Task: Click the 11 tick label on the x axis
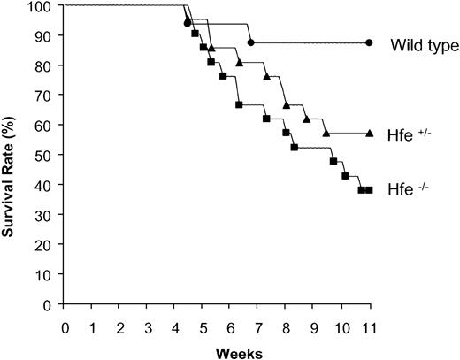click(x=369, y=325)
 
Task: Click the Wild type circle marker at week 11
click(x=369, y=42)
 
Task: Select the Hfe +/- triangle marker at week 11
click(x=369, y=133)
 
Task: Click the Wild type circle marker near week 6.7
click(x=250, y=42)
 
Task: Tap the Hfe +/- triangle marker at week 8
click(x=286, y=105)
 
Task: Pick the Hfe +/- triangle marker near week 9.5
click(x=326, y=133)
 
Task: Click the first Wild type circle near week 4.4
click(x=187, y=23)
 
